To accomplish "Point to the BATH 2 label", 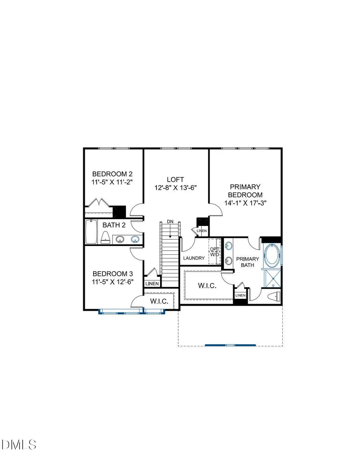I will point(114,225).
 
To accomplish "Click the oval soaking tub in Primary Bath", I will point(272,256).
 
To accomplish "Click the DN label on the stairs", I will point(170,221).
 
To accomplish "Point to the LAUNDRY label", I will point(194,258).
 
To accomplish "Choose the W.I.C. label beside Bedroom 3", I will point(158,301).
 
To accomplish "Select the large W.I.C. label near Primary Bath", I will point(207,286).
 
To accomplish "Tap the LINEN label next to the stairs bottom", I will point(152,284).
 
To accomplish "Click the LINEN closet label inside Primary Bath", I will point(240,295).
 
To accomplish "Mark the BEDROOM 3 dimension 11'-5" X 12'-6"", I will point(112,282).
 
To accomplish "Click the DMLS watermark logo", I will point(19,444).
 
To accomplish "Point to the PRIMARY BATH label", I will point(248,262).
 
